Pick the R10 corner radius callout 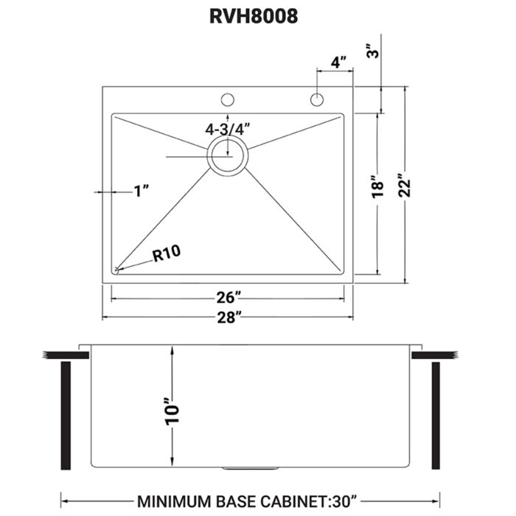(x=167, y=256)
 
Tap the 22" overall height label (x=404, y=186)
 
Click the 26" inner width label (x=228, y=298)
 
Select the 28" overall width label (x=228, y=318)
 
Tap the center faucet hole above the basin (x=228, y=99)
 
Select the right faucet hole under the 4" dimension (x=316, y=99)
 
